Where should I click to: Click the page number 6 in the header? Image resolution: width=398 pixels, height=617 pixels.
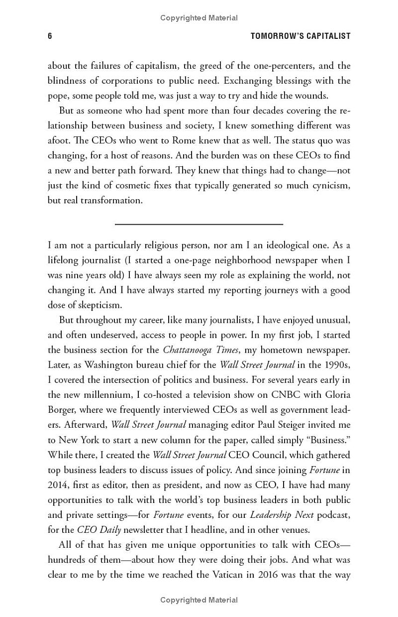click(x=50, y=36)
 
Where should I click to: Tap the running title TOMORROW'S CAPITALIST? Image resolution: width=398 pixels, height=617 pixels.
click(x=300, y=36)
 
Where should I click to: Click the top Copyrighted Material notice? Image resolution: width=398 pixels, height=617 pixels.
click(x=199, y=18)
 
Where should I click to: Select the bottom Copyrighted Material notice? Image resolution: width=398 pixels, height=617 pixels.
click(x=199, y=600)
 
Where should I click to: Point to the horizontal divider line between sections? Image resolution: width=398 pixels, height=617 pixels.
click(x=199, y=225)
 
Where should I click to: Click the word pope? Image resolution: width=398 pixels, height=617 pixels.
click(x=57, y=96)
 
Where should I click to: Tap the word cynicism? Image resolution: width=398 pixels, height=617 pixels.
click(x=329, y=185)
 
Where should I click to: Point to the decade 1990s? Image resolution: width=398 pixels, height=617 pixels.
click(x=334, y=365)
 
